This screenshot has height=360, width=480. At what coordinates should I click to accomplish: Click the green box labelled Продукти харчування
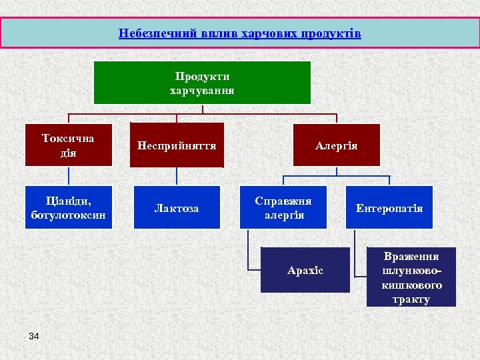click(x=202, y=83)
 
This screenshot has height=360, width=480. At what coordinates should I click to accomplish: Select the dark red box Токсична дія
click(x=68, y=145)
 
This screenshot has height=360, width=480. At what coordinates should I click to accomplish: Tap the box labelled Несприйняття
click(x=177, y=145)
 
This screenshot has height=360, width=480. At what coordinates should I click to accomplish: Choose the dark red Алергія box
click(x=336, y=145)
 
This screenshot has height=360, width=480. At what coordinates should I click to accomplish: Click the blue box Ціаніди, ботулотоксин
click(x=68, y=207)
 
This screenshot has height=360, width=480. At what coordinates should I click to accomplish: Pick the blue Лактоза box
click(x=177, y=208)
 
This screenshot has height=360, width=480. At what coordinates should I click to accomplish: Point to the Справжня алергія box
click(x=283, y=207)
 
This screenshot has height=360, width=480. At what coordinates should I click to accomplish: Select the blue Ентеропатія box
click(x=389, y=208)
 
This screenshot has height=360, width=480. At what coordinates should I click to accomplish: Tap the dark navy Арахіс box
click(x=305, y=270)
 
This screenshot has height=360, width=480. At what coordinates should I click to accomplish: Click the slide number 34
click(x=34, y=336)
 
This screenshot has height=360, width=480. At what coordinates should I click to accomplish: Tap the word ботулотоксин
click(x=68, y=215)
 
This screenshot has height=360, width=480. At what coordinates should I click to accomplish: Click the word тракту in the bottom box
click(x=411, y=299)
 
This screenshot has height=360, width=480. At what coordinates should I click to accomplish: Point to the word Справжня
click(x=283, y=200)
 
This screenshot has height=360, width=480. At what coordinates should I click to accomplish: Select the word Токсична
click(x=68, y=139)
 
